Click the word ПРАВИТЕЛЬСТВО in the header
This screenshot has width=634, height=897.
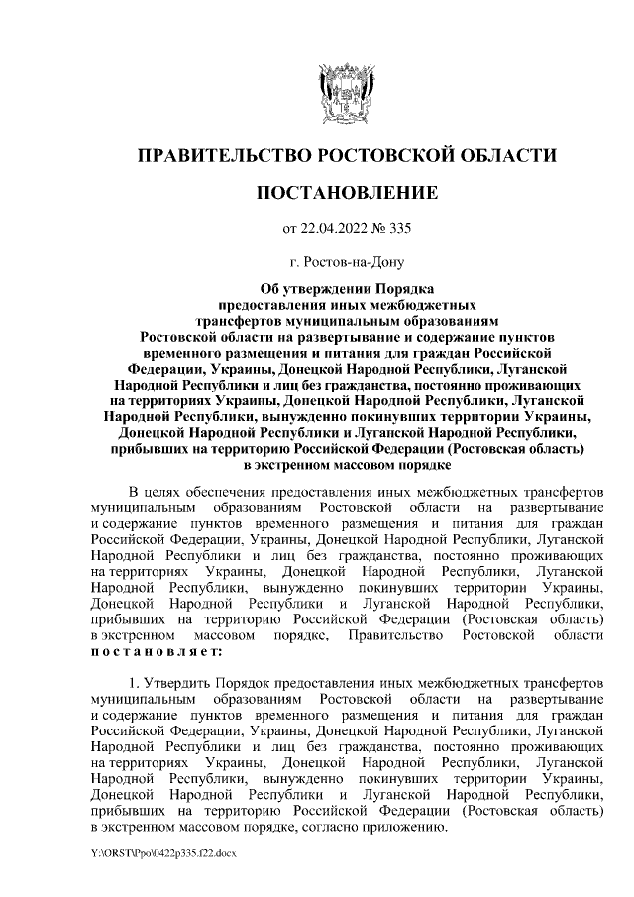pyautogui.click(x=220, y=156)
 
